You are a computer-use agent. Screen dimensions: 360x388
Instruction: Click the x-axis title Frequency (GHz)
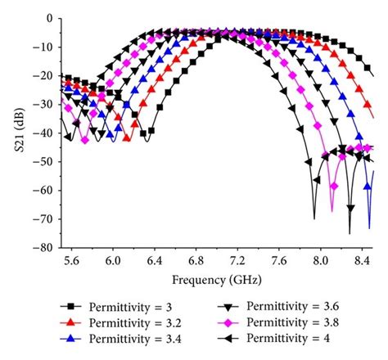tap(215, 278)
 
